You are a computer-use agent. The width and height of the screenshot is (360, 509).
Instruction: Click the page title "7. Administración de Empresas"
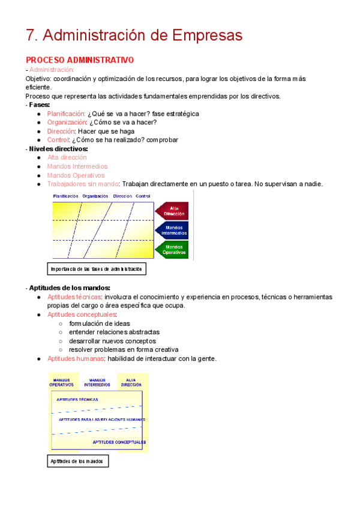click(134, 35)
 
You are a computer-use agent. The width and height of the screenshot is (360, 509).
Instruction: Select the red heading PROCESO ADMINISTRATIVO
click(80, 60)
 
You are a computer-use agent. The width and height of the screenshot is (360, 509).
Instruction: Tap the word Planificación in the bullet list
click(66, 113)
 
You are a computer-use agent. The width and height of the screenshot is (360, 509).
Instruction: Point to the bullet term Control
click(58, 140)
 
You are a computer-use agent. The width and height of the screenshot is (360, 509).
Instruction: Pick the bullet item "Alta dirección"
click(67, 157)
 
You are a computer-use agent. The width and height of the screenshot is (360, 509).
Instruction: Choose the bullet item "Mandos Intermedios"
click(77, 166)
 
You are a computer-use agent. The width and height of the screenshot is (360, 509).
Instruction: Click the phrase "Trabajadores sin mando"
click(83, 184)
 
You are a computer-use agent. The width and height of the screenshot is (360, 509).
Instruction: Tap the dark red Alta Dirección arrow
click(173, 211)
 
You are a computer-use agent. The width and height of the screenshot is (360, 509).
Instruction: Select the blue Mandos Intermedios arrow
click(173, 230)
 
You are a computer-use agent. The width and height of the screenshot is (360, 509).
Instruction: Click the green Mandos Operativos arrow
click(173, 250)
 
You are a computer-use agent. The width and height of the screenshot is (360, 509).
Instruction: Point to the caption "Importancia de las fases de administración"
click(97, 269)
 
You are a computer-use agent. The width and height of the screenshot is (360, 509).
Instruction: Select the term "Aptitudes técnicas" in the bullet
click(74, 297)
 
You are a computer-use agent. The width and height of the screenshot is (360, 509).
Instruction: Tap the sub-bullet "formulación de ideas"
click(100, 324)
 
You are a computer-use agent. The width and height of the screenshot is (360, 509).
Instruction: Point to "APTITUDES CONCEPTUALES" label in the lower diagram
click(119, 442)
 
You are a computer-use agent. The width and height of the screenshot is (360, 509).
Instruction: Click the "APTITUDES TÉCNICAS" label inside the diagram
click(77, 399)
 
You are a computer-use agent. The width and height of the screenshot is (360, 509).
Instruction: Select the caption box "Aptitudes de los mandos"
click(77, 461)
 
